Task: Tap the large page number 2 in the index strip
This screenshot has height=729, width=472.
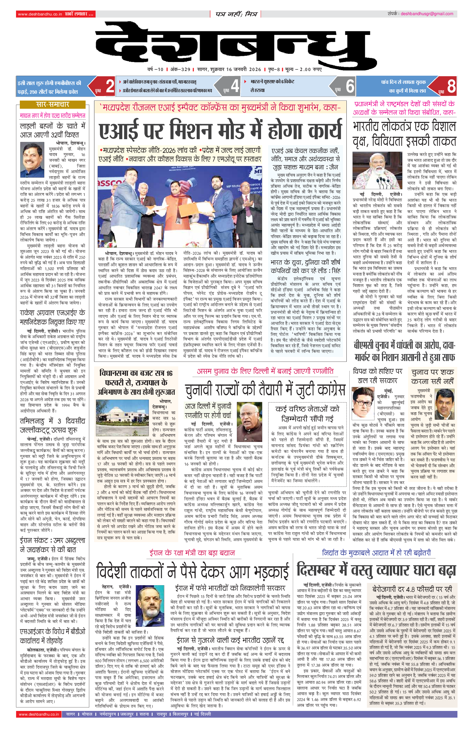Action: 110,86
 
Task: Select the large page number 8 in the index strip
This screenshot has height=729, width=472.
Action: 451,86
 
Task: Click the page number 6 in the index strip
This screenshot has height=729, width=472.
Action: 350,86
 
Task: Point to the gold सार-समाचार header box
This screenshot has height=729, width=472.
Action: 52,105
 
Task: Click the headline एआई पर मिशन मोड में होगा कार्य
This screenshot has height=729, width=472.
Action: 220,130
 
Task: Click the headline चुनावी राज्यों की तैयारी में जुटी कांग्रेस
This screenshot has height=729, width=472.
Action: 265,390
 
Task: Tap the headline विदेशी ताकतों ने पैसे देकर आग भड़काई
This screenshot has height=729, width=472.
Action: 193,571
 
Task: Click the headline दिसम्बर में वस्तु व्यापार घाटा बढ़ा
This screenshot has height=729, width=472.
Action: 376,570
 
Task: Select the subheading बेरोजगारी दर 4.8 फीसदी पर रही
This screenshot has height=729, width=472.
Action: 412,589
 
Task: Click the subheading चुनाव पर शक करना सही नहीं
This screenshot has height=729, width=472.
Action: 432,377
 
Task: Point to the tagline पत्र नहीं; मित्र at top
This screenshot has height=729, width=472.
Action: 236,14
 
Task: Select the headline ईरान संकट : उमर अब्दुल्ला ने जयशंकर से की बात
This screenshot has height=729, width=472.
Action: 52,545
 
